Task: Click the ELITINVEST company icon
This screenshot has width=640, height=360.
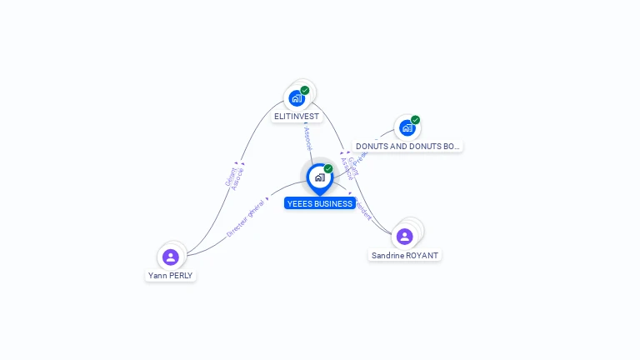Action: (297, 98)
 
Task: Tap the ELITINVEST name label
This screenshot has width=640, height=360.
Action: (297, 117)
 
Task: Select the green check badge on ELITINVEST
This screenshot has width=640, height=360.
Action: (305, 90)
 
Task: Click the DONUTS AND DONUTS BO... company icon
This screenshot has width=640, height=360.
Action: (407, 128)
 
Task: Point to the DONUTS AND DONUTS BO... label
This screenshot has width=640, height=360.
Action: (407, 147)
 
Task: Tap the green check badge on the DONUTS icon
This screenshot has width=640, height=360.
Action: (415, 120)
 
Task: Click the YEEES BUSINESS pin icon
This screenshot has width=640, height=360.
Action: (319, 177)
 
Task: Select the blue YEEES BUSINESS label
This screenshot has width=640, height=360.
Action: (319, 203)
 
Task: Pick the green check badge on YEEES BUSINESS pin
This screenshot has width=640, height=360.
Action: (328, 168)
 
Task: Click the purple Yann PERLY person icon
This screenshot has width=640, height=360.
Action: (171, 257)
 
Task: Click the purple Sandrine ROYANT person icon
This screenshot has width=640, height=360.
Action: (405, 237)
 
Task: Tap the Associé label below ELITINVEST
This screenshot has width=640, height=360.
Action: (307, 138)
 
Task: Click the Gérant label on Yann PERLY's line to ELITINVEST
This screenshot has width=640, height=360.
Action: (229, 177)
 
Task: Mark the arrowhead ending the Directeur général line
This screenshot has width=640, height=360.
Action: (267, 199)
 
